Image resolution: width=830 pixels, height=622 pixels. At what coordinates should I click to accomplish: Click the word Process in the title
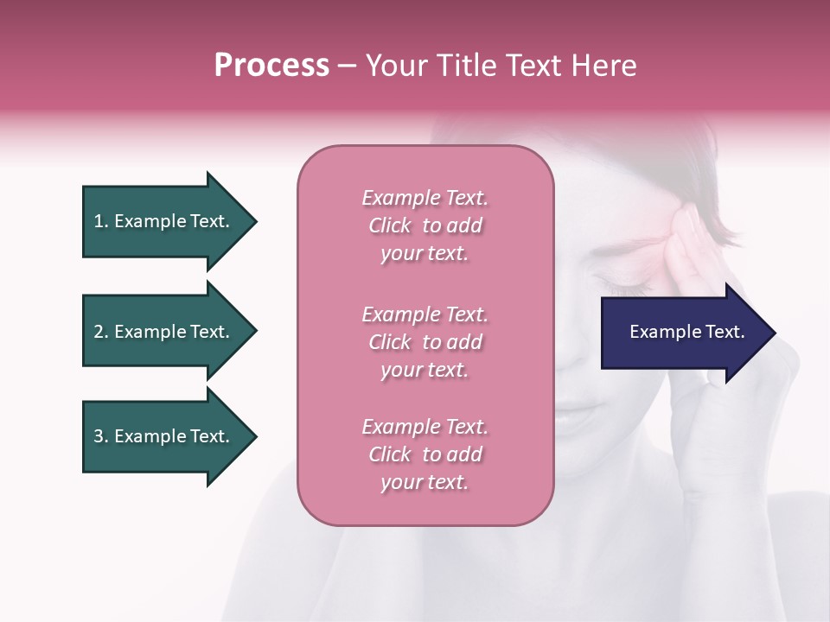271,66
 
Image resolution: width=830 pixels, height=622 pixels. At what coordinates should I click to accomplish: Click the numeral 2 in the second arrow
99,332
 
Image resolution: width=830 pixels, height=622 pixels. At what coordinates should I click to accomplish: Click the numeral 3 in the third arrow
99,436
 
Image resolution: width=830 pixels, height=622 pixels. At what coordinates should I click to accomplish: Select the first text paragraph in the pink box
425,225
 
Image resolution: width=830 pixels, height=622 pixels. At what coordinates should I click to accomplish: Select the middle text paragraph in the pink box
425,341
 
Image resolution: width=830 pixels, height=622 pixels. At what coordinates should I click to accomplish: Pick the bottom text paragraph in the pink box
425,454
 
